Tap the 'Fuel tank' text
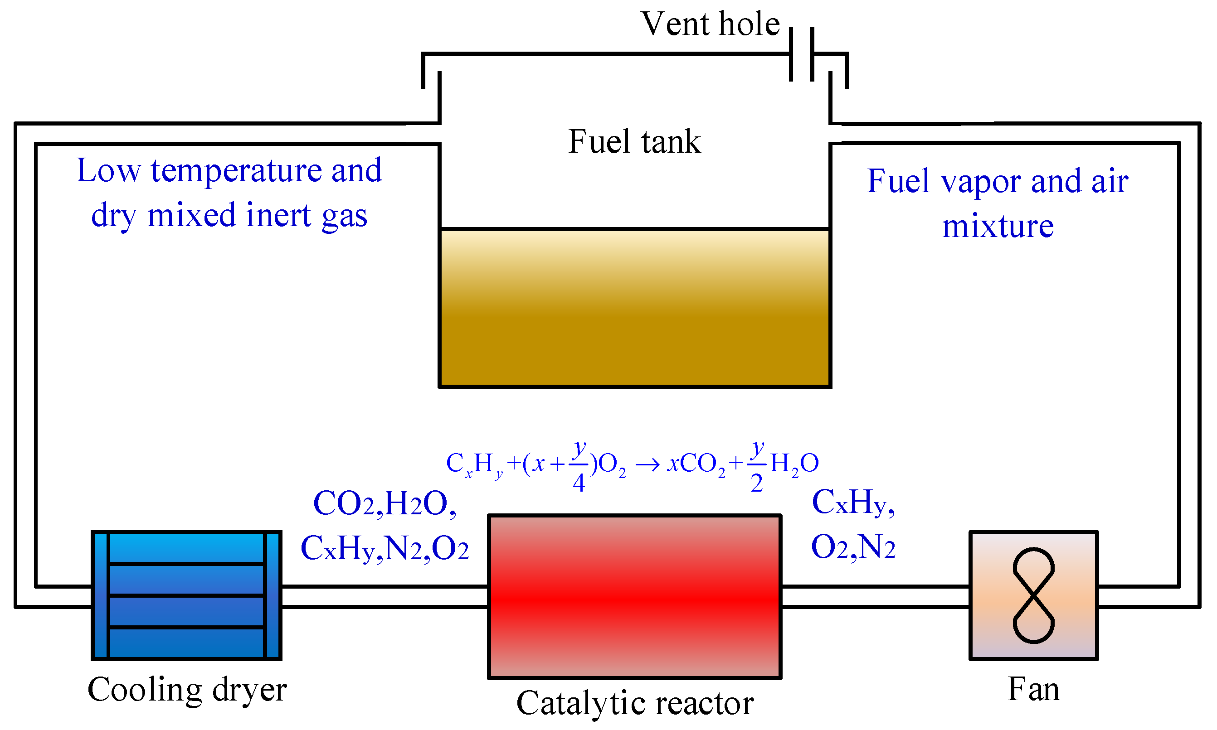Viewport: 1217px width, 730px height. click(634, 142)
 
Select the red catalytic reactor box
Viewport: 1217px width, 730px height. click(634, 597)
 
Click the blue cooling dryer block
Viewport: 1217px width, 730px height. click(186, 596)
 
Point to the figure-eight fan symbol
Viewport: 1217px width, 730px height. click(1033, 596)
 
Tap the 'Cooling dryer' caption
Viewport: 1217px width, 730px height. click(187, 689)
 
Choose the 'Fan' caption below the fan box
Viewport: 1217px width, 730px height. click(1033, 689)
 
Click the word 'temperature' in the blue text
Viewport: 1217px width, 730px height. click(236, 171)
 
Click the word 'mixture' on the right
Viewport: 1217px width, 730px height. click(998, 226)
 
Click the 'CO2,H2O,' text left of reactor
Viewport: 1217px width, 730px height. click(385, 503)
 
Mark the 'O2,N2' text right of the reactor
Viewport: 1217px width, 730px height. click(853, 547)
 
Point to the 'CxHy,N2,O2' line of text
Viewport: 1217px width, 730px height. click(385, 548)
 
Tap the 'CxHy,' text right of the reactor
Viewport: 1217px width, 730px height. click(853, 502)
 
